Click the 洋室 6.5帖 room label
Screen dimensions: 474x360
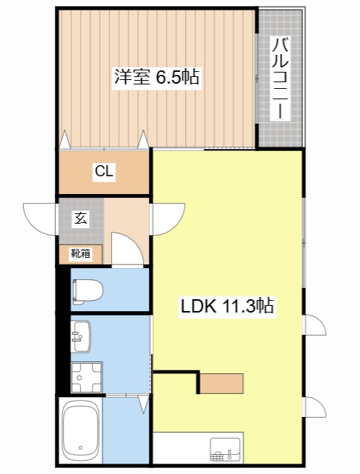[x=156, y=77]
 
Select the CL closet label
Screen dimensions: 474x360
[x=104, y=172]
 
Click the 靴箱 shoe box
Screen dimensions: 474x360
[x=80, y=253]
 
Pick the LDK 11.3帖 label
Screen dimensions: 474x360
[x=228, y=306]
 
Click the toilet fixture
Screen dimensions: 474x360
[x=87, y=291]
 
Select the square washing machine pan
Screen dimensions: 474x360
[x=86, y=377]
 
